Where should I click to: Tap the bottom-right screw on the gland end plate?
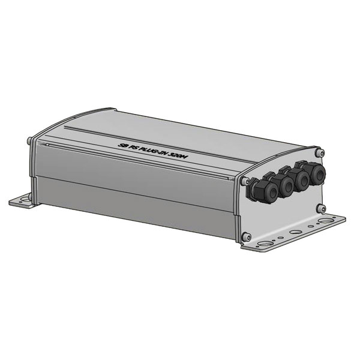[x=326, y=208]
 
